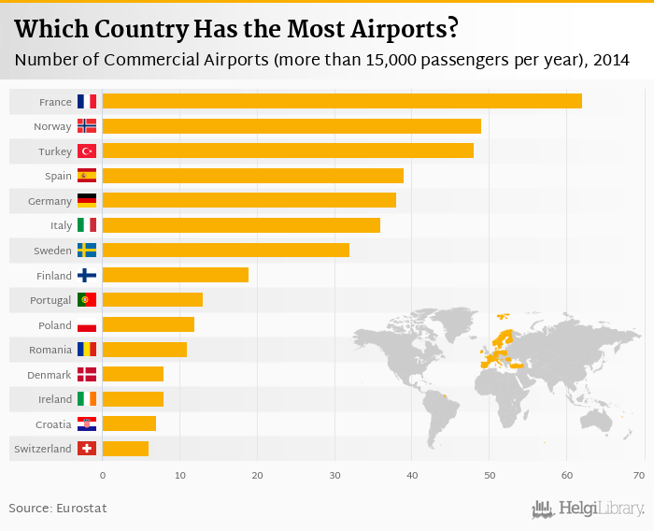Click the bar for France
(342, 101)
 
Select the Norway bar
(291, 125)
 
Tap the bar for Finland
(176, 275)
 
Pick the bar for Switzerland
(125, 449)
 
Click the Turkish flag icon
(87, 151)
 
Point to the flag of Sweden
(87, 250)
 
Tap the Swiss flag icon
(87, 449)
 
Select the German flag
(87, 200)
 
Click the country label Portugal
(50, 300)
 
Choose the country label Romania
(50, 350)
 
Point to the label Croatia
(52, 424)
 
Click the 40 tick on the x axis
(412, 476)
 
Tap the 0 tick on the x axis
(103, 476)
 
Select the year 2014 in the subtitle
(610, 60)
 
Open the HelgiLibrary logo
(589, 509)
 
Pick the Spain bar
(253, 175)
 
